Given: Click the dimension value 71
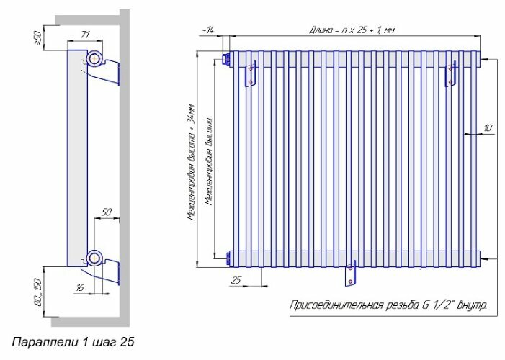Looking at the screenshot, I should [x=85, y=34].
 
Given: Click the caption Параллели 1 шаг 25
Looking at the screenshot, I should [x=73, y=338].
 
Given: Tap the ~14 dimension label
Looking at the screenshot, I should [x=207, y=29].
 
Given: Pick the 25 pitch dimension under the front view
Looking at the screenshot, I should [x=236, y=279].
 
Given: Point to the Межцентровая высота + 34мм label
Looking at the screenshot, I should [x=190, y=160].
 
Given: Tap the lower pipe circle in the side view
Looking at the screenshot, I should [x=94, y=256].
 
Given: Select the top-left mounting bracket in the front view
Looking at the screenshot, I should [x=251, y=74].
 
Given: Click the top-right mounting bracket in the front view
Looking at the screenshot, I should [x=452, y=74].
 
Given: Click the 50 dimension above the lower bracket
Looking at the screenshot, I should [x=106, y=212].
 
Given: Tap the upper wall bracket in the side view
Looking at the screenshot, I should [x=107, y=72].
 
